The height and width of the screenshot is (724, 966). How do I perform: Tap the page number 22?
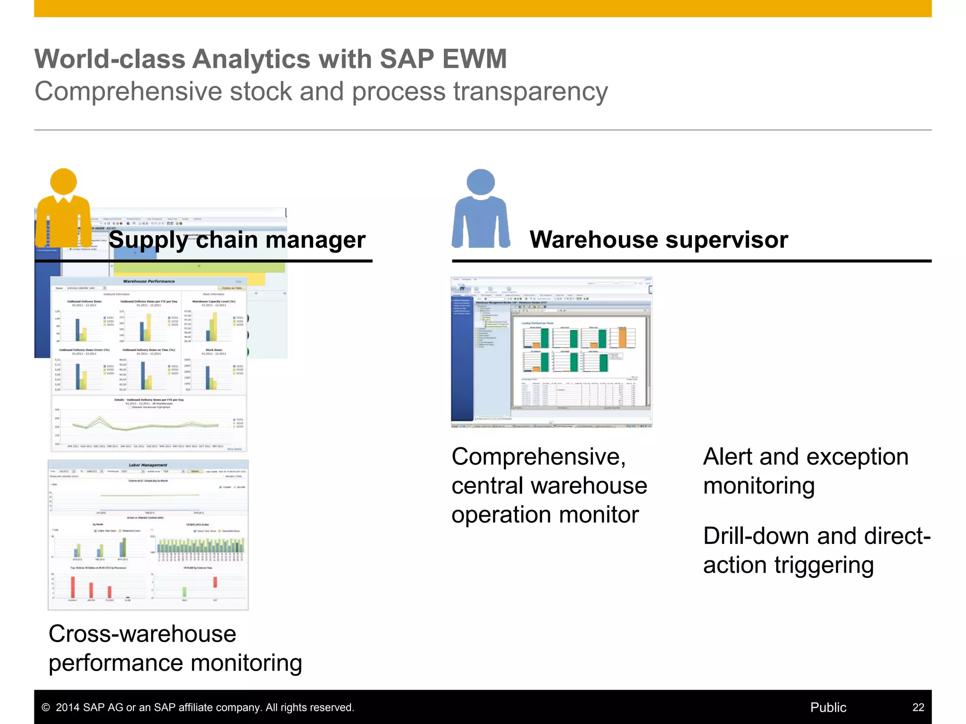(x=918, y=707)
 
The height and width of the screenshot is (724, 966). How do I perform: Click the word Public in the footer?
(x=828, y=707)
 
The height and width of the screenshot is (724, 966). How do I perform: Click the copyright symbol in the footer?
(x=46, y=708)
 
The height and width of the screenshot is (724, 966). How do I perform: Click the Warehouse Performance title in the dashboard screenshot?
(x=149, y=281)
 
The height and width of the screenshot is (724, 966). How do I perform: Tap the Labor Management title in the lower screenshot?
(x=148, y=465)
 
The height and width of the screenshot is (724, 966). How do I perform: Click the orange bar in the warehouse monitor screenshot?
(x=622, y=337)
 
